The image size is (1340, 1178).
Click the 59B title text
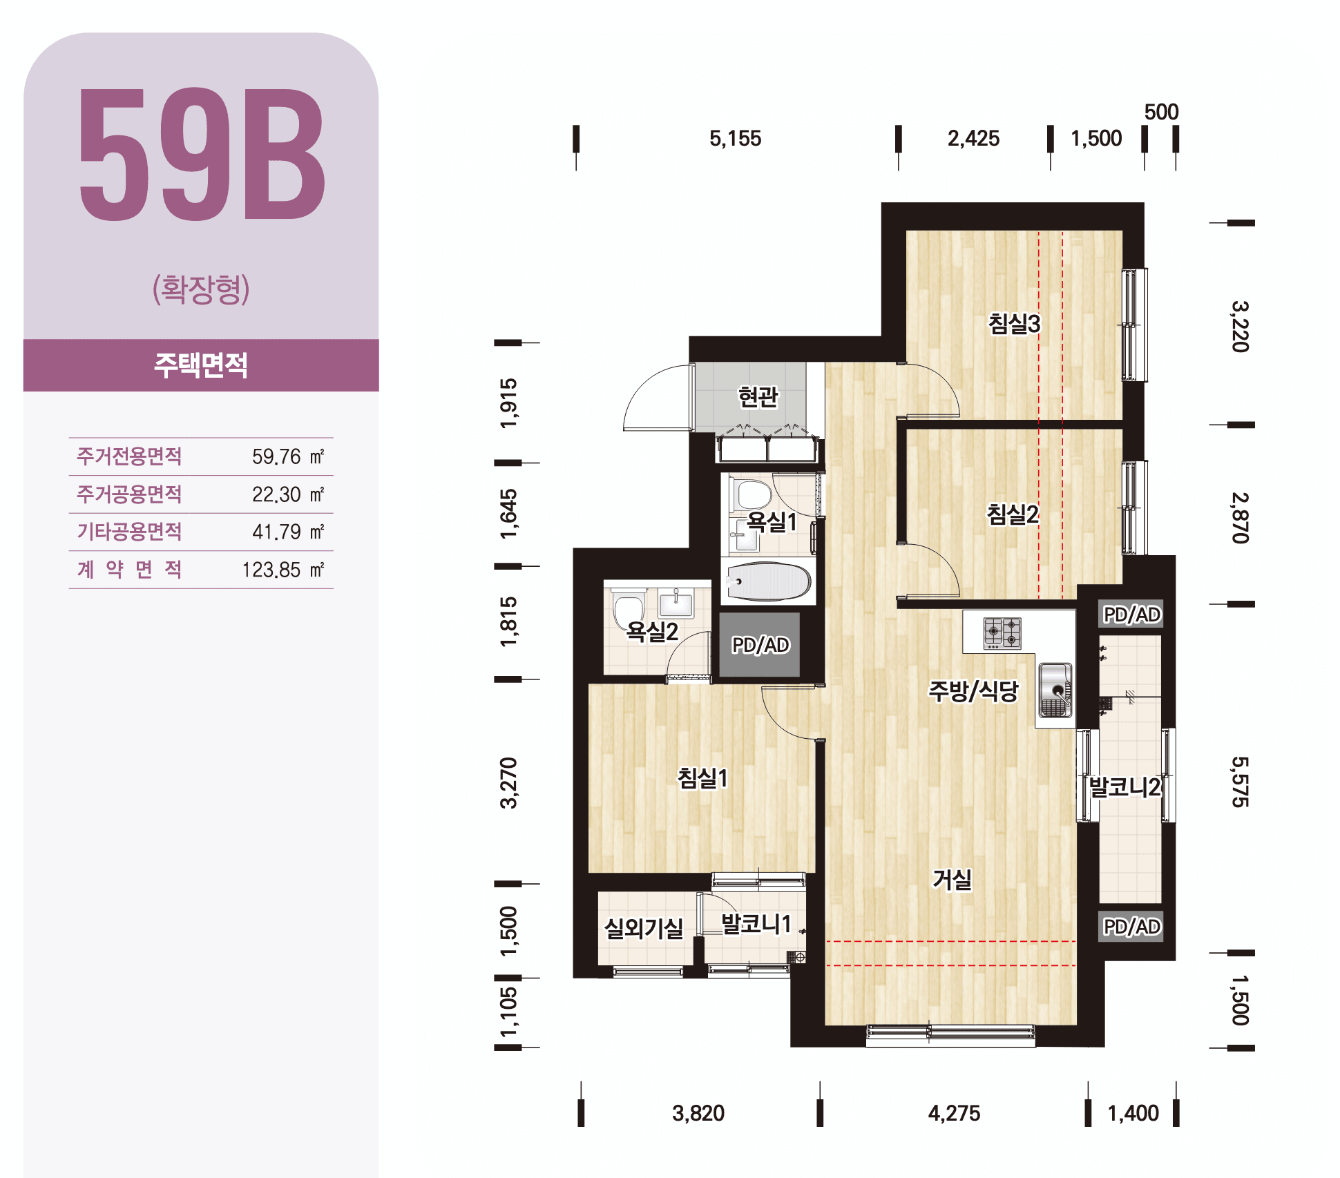pyautogui.click(x=202, y=154)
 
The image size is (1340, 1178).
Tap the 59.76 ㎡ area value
pyautogui.click(x=288, y=456)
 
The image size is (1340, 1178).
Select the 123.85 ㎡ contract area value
pyautogui.click(x=283, y=570)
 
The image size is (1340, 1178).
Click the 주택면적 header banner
pyautogui.click(x=201, y=365)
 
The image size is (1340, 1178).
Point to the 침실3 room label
pyautogui.click(x=1014, y=323)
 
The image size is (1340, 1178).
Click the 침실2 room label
pyautogui.click(x=1013, y=514)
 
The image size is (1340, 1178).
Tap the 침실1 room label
pyautogui.click(x=702, y=778)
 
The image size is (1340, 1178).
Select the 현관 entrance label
pyautogui.click(x=758, y=396)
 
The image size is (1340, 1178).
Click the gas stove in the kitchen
pyautogui.click(x=1002, y=633)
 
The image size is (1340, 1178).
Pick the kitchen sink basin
pyautogui.click(x=1055, y=690)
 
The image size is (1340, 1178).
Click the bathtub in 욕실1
pyautogui.click(x=768, y=581)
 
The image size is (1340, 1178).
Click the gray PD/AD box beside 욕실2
pyautogui.click(x=760, y=644)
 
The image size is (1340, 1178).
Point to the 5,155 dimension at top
pyautogui.click(x=736, y=138)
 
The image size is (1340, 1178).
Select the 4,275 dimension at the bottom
pyautogui.click(x=954, y=1113)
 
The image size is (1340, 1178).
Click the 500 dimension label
pyautogui.click(x=1161, y=112)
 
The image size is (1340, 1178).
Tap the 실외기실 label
pyautogui.click(x=644, y=928)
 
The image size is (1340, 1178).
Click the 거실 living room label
pyautogui.click(x=953, y=879)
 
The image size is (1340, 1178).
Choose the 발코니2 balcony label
pyautogui.click(x=1125, y=786)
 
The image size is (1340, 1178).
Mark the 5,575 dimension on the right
pyautogui.click(x=1241, y=782)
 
